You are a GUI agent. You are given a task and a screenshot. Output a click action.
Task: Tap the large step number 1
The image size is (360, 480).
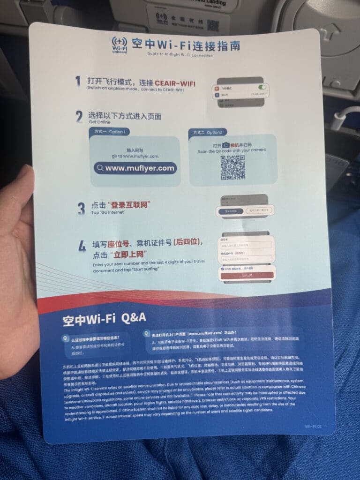click(x=78, y=81)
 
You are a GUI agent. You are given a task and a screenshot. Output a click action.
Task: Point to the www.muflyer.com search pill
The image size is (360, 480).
click(x=135, y=168)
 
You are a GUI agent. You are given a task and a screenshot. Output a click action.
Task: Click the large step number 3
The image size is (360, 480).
click(x=81, y=208)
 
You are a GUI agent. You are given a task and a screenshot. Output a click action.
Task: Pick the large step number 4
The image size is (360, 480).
click(x=82, y=247)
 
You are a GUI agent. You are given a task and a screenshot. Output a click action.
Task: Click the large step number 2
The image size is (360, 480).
click(x=79, y=117)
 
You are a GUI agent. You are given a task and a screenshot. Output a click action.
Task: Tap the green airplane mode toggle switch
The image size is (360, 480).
click(x=262, y=87)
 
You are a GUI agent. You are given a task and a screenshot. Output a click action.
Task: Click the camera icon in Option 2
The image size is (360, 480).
click(x=226, y=145)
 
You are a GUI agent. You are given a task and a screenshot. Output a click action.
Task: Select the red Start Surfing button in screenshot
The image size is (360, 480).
click(x=246, y=276)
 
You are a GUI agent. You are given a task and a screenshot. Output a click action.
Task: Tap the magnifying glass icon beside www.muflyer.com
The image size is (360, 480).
click(x=100, y=168)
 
